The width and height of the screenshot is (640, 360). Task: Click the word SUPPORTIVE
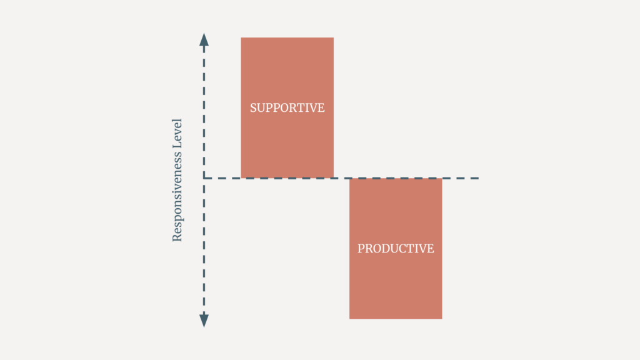coord(287,107)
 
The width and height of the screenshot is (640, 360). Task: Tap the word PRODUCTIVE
coord(396,249)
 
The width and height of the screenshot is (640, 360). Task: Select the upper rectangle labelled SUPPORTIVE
coord(287,107)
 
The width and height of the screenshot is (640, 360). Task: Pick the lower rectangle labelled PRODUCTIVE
coord(396,249)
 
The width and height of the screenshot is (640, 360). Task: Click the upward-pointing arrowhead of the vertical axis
coord(204,39)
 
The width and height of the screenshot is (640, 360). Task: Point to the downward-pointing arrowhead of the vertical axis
coord(204,321)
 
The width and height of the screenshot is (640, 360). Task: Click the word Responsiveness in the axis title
coord(177,197)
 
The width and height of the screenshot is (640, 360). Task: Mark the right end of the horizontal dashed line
coord(479,178)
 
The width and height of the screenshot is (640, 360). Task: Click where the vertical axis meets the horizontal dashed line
coord(204,178)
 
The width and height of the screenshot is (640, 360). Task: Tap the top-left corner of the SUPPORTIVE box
coord(241,37)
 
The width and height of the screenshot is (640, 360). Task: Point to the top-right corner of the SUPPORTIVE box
coord(334,37)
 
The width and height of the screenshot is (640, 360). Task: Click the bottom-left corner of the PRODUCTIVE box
coord(349,319)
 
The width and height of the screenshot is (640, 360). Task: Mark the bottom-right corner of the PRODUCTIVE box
coord(442,319)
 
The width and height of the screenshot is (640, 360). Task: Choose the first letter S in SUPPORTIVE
coord(253,107)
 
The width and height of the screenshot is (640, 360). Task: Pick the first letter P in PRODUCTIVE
coord(361,249)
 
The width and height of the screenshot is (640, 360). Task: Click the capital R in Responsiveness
coord(177,237)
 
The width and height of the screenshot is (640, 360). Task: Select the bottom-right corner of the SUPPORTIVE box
coord(334,178)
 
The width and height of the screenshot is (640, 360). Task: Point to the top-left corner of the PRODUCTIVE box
coord(349,178)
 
